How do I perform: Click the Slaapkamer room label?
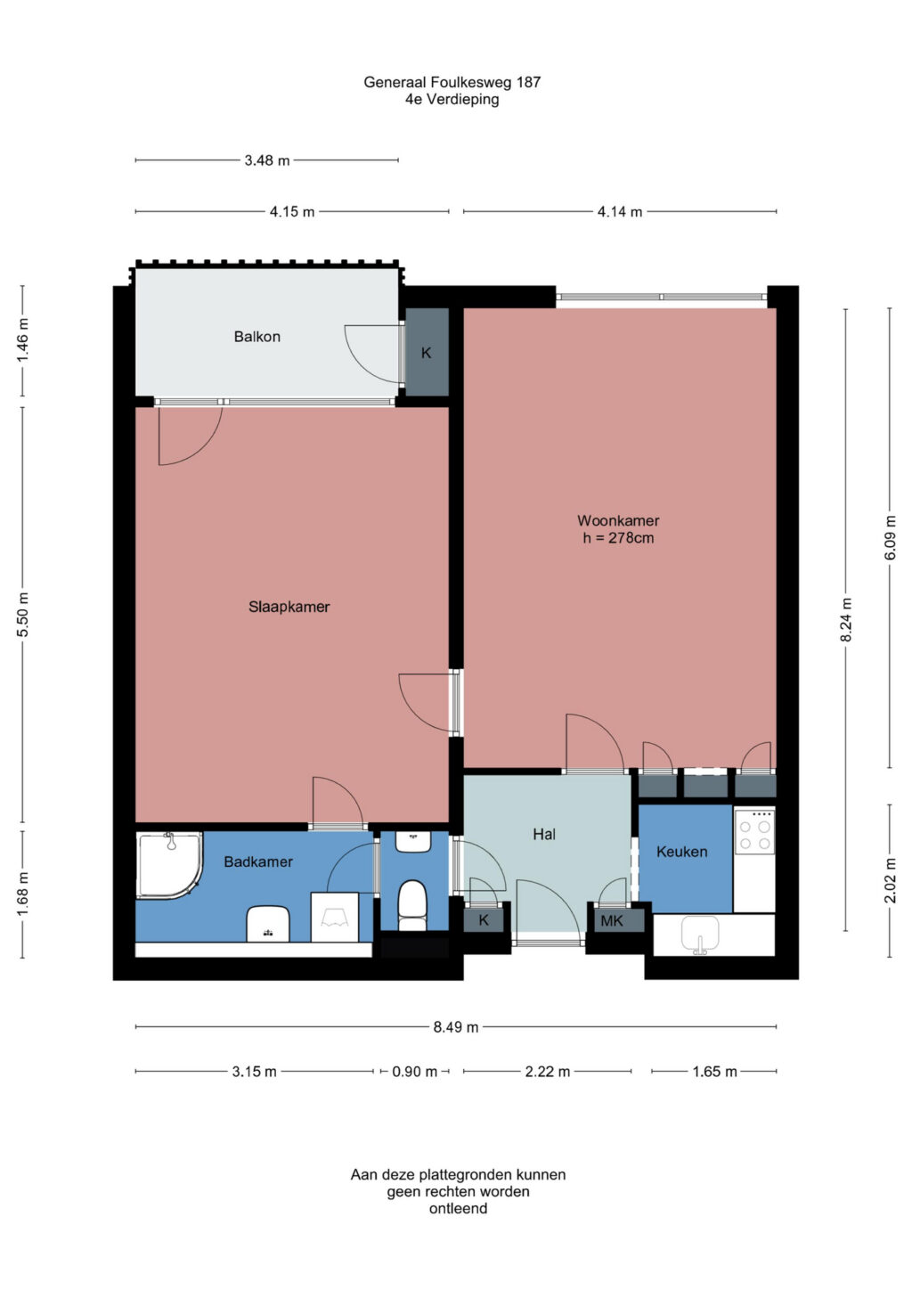click(x=289, y=607)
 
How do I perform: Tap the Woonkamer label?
click(x=618, y=520)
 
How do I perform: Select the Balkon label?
click(x=256, y=337)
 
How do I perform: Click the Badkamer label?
click(x=258, y=861)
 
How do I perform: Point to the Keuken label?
click(x=681, y=851)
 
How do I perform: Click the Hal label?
click(x=544, y=834)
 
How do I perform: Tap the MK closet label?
click(x=612, y=921)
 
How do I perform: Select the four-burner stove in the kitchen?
click(x=754, y=830)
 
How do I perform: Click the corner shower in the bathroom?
click(x=169, y=864)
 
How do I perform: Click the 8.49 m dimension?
click(x=455, y=1027)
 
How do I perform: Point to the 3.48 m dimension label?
click(x=266, y=160)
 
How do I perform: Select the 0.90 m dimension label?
click(x=414, y=1072)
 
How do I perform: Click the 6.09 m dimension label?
click(x=890, y=537)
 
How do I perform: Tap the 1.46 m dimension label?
click(x=22, y=340)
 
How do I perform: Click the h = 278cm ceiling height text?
click(x=618, y=538)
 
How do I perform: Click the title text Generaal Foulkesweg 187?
click(x=452, y=82)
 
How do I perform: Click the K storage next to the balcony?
click(x=427, y=352)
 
